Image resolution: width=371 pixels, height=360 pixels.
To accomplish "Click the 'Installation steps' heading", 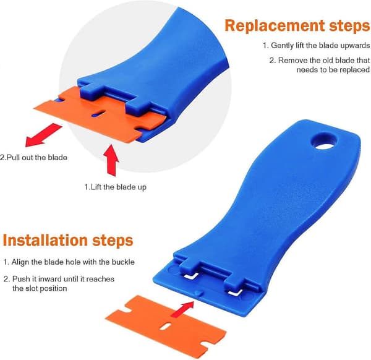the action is (68, 241).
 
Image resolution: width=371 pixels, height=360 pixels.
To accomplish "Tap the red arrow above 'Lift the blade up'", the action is (111, 160).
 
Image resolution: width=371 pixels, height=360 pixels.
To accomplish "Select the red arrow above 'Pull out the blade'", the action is (43, 135).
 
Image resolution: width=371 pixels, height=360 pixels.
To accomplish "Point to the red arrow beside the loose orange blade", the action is (182, 309).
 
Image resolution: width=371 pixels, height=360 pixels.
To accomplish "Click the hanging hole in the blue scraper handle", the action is (324, 142).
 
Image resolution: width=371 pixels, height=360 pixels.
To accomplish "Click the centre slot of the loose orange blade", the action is (165, 326).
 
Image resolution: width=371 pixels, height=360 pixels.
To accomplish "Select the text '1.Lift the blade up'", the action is (116, 187).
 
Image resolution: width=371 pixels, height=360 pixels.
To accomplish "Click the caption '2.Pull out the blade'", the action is (33, 158).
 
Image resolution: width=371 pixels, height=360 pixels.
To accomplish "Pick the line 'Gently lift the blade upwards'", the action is (320, 45).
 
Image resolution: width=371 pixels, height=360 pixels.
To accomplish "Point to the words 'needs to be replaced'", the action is (333, 70).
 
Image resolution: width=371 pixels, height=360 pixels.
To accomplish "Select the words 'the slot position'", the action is (40, 288).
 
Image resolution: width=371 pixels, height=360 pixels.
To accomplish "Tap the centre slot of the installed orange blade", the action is (98, 114).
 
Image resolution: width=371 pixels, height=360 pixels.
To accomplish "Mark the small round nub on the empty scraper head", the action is (197, 293).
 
